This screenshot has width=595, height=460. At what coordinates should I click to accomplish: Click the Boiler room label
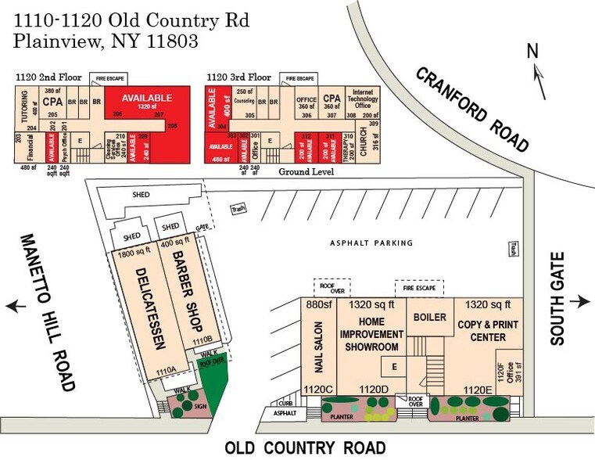coord(430,317)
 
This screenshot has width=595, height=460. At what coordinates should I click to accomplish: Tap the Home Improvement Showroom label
coord(371,334)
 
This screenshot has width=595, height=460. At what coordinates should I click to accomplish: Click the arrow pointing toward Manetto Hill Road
coord(15,307)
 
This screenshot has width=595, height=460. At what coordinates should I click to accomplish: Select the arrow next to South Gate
coord(580,302)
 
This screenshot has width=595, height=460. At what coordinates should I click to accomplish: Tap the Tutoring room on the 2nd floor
coord(22,110)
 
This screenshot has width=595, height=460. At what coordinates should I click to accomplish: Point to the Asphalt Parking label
coord(371,243)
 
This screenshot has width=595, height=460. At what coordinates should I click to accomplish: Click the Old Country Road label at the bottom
coord(305,448)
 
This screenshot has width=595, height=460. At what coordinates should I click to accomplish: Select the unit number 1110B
coord(203,340)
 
